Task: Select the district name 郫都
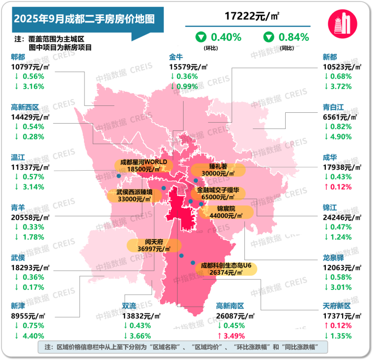pos(18,57)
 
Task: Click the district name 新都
pos(331,57)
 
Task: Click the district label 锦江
pos(331,206)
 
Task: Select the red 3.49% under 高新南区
pos(238,335)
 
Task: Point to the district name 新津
pos(18,306)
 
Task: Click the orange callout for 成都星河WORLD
pos(143,165)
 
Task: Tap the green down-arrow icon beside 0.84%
pos(269,37)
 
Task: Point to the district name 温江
pos(18,157)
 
